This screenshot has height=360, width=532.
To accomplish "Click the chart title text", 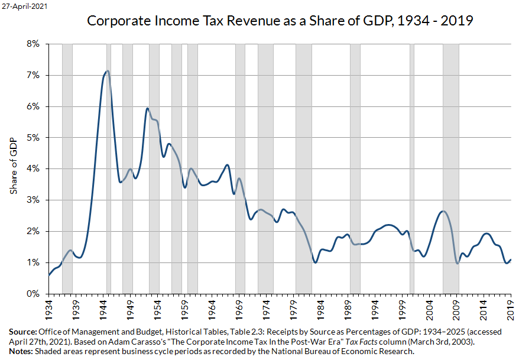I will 280,21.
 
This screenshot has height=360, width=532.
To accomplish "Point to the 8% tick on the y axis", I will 31,44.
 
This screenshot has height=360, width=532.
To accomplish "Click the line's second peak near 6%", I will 147,108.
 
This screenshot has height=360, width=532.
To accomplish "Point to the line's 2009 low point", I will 457,263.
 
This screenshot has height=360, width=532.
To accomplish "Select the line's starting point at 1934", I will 48,275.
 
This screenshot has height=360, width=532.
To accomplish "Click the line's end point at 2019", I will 511,260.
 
